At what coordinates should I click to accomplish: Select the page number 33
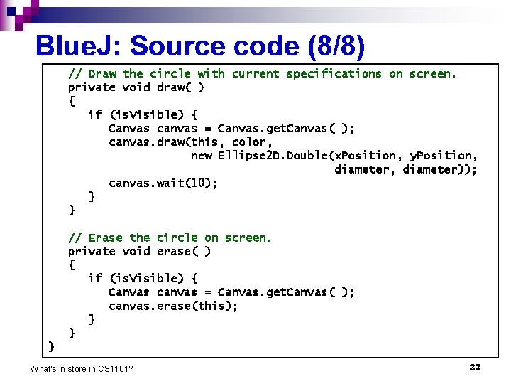pyautogui.click(x=475, y=367)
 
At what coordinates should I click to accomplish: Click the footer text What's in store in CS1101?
pyautogui.click(x=82, y=368)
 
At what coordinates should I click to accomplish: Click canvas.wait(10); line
pyautogui.click(x=163, y=183)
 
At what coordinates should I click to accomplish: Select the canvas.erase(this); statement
pyautogui.click(x=173, y=306)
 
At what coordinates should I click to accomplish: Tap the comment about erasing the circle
pyautogui.click(x=170, y=238)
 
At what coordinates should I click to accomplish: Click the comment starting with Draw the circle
pyautogui.click(x=262, y=73)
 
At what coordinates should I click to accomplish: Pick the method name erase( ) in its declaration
pyautogui.click(x=183, y=251)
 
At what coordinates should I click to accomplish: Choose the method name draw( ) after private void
pyautogui.click(x=180, y=87)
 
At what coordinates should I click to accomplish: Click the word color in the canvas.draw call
pyautogui.click(x=249, y=142)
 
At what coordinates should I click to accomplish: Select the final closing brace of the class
pyautogui.click(x=51, y=346)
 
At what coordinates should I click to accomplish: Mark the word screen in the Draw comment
pyautogui.click(x=433, y=73)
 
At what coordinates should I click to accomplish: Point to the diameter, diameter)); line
pyautogui.click(x=405, y=169)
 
